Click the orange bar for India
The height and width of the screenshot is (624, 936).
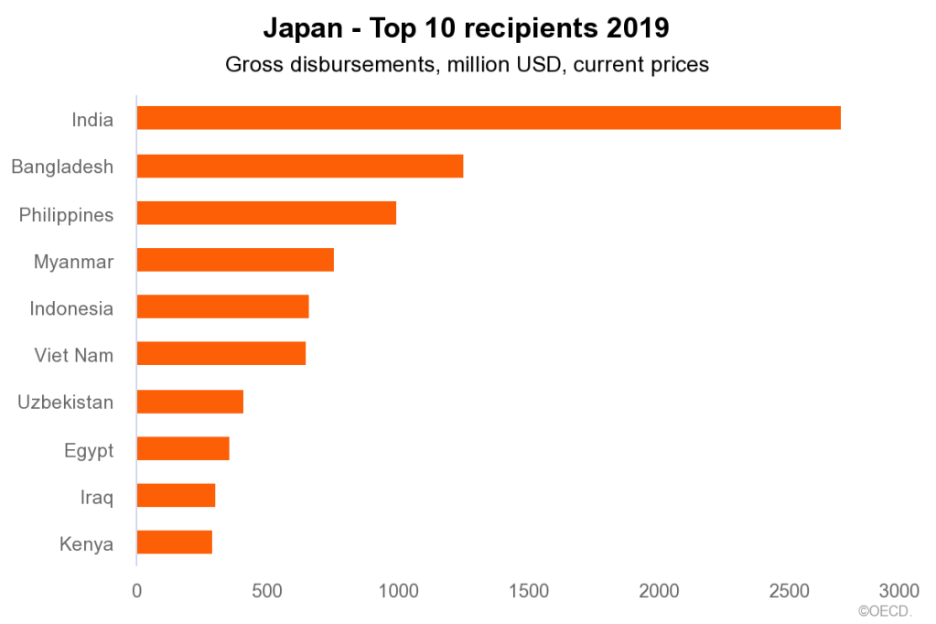pyautogui.click(x=488, y=118)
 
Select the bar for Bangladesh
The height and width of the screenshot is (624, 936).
pyautogui.click(x=299, y=166)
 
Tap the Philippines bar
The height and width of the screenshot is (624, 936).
pyautogui.click(x=266, y=213)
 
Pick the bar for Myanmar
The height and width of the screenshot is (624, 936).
pyautogui.click(x=235, y=260)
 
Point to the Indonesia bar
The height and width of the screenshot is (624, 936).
pyautogui.click(x=222, y=307)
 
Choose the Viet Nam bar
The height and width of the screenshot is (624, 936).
pyautogui.click(x=221, y=353)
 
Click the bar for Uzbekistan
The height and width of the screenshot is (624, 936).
pyautogui.click(x=189, y=402)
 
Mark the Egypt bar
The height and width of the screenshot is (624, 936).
pyautogui.click(x=183, y=448)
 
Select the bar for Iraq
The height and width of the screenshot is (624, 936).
pyautogui.click(x=176, y=495)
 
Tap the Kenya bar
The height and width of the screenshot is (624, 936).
pyautogui.click(x=174, y=543)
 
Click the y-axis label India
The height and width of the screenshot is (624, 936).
pyautogui.click(x=92, y=119)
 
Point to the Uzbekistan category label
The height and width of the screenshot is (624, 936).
pyautogui.click(x=66, y=402)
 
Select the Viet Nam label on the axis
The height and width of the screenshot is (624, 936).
pyautogui.click(x=74, y=355)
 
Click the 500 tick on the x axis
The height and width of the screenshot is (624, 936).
pyautogui.click(x=267, y=591)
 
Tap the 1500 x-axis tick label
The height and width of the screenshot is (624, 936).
pyautogui.click(x=528, y=591)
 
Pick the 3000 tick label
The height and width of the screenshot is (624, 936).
pyautogui.click(x=898, y=591)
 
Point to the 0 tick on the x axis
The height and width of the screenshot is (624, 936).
pyautogui.click(x=137, y=591)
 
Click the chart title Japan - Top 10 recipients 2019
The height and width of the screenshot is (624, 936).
pyautogui.click(x=467, y=28)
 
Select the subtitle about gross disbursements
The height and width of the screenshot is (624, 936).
pyautogui.click(x=467, y=65)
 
